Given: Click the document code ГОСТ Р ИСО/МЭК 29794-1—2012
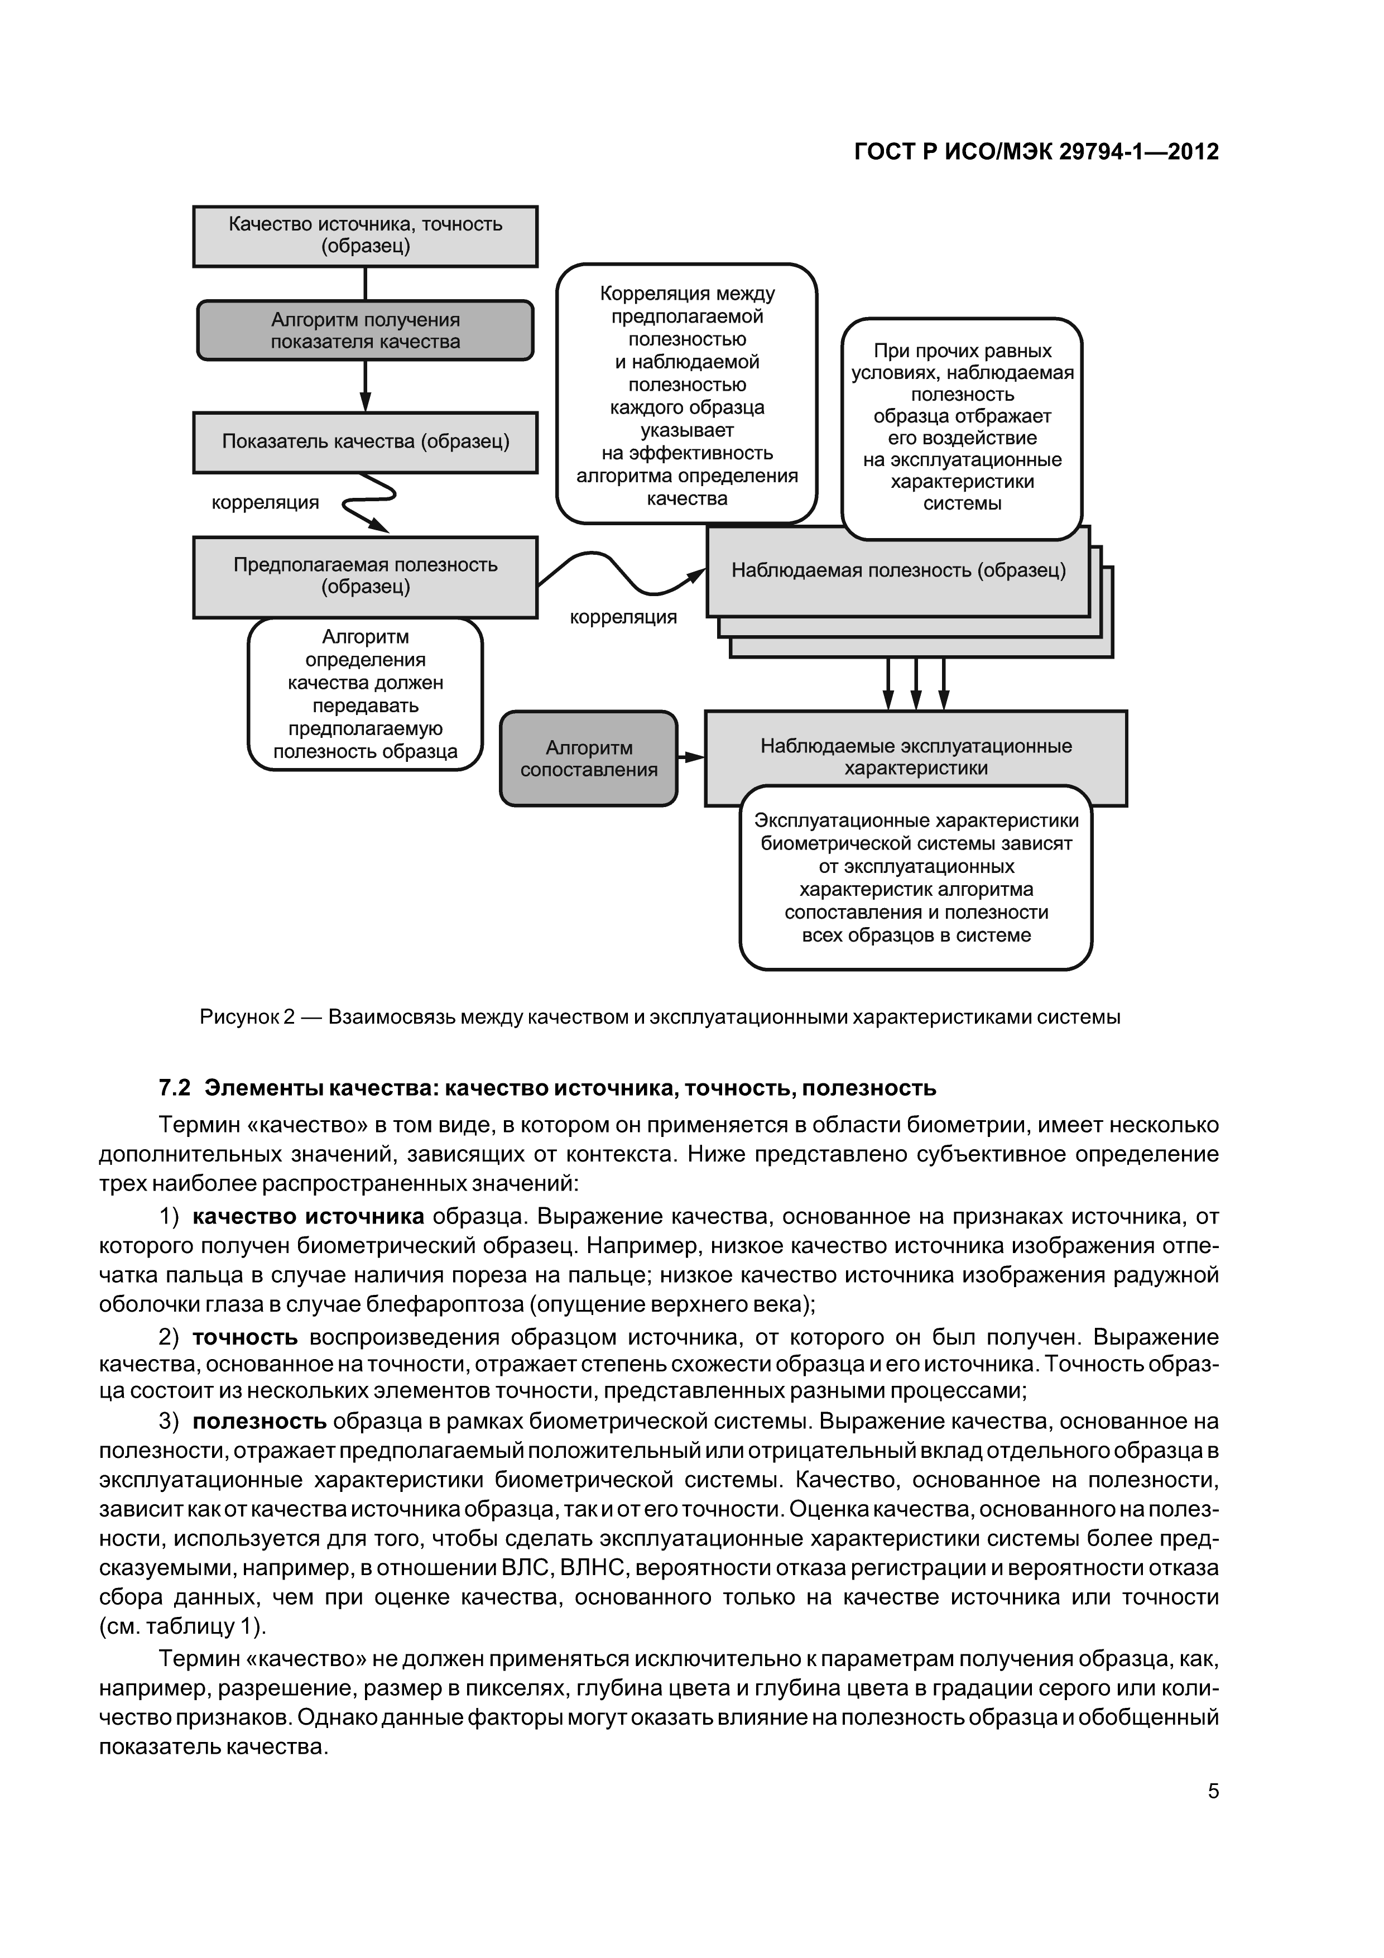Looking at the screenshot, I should [1036, 152].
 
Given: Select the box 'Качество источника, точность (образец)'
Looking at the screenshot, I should [365, 236].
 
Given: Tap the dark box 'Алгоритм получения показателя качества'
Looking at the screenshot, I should [365, 331].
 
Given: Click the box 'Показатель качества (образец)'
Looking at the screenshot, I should [365, 441].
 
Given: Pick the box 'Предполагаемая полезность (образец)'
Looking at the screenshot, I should [365, 577].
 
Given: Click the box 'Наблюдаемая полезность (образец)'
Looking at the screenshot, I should [898, 570].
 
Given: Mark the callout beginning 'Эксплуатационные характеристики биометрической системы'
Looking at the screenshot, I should [915, 879].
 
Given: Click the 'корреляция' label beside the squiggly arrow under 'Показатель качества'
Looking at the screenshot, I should [265, 503].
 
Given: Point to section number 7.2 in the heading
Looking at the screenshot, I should [174, 1089].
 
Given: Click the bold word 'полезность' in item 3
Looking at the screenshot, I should [259, 1422].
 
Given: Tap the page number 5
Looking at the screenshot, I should [1213, 1792].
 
